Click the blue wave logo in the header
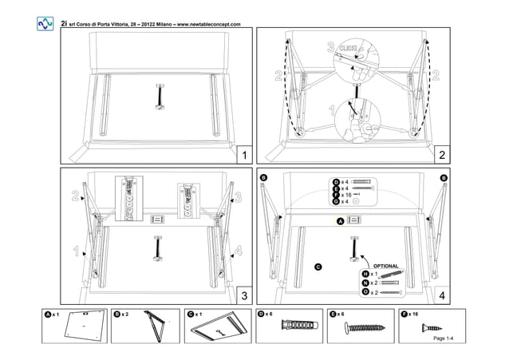[45, 24]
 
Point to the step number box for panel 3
[245, 295]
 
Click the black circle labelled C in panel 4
[318, 266]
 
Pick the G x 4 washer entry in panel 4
[345, 202]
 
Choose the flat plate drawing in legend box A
[85, 326]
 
